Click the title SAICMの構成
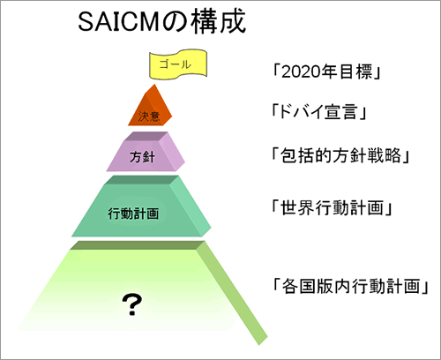(x=161, y=21)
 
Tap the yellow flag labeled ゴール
(x=178, y=64)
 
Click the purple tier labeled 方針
(x=146, y=152)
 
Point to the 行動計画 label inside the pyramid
(x=133, y=214)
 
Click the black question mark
(x=132, y=304)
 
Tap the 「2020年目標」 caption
(x=326, y=71)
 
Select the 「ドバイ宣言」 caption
(x=318, y=112)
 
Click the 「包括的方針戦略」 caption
(x=340, y=155)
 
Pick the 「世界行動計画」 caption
(x=332, y=207)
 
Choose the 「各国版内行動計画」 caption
(x=350, y=286)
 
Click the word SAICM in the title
(x=118, y=22)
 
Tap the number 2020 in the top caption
(x=301, y=71)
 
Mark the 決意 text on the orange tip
(x=149, y=116)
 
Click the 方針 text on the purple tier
(x=142, y=157)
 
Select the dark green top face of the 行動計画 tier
(x=141, y=180)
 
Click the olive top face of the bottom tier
(x=137, y=245)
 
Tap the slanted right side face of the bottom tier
(x=232, y=293)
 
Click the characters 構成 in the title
(x=218, y=21)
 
